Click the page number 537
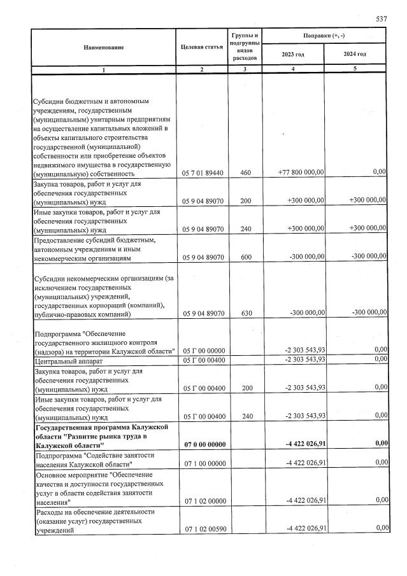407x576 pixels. click(382, 19)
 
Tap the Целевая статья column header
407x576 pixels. click(202, 48)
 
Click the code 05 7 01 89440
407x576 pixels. click(203, 173)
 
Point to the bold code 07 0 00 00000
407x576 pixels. click(203, 444)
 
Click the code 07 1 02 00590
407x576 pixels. click(203, 529)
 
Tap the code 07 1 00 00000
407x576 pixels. click(203, 463)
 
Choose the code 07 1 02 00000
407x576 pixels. click(203, 501)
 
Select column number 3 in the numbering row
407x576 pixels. click(245, 69)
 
